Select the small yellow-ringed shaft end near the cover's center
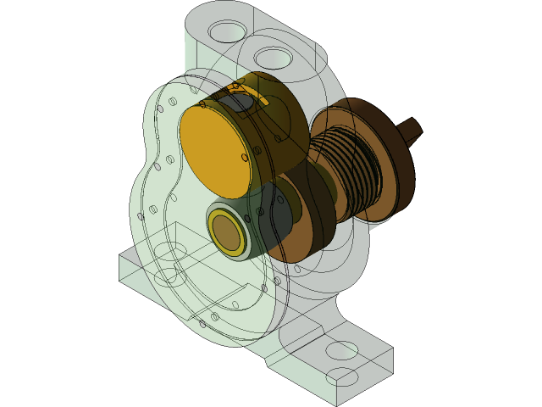click(x=226, y=230)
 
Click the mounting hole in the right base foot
click(x=341, y=349)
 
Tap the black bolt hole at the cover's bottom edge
click(x=202, y=323)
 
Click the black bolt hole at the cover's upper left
click(x=160, y=109)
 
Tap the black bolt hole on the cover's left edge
click(x=141, y=216)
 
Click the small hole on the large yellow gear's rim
click(x=245, y=157)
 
